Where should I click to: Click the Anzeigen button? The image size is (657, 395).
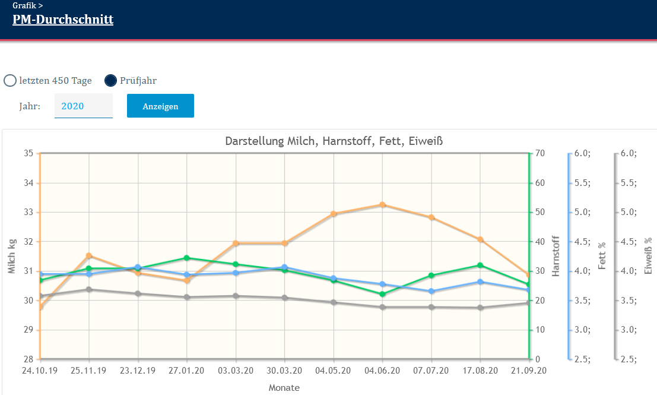point(160,106)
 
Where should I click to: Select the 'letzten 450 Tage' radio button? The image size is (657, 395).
point(10,81)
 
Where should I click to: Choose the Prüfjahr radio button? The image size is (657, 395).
point(110,81)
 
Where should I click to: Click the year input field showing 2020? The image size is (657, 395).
point(83,106)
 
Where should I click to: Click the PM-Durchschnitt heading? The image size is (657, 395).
point(63,20)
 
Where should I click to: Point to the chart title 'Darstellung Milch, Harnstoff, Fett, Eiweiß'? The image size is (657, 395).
point(334,141)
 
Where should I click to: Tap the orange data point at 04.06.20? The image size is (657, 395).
point(383,205)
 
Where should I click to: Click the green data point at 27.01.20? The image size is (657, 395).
point(187,258)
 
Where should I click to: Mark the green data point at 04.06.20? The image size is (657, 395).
point(383,294)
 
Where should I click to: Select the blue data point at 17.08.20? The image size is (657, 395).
point(481,282)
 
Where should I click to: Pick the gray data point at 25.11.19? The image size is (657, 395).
point(89,289)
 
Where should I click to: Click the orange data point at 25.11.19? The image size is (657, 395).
point(89,256)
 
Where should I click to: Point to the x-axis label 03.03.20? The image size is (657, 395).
point(236,371)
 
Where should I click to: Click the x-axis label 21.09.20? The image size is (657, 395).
point(529,371)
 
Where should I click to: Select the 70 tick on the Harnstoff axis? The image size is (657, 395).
point(540,153)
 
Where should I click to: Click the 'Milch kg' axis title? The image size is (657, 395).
point(12,256)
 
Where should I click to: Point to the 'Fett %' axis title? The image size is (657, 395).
point(602,256)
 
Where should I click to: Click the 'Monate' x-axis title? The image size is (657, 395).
point(284,388)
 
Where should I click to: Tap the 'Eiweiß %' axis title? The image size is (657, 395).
point(648,256)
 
